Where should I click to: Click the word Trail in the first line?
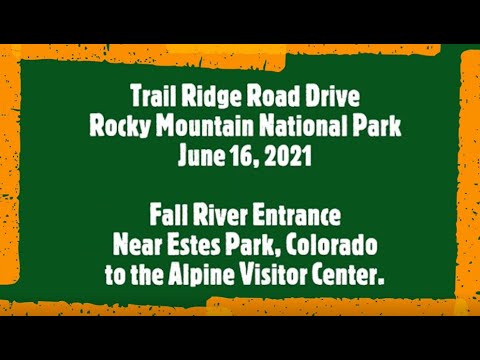tap(155, 97)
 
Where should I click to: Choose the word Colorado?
tap(319, 243)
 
